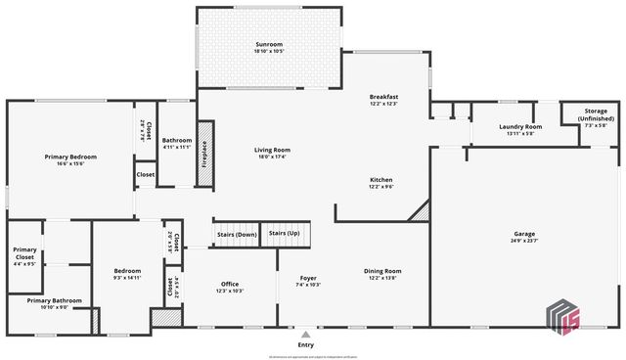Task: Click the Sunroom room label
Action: coord(269,45)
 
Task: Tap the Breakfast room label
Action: coord(383,97)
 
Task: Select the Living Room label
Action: coord(272,150)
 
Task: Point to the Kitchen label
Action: coord(380,179)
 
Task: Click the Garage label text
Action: coord(524,234)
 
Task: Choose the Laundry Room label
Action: coord(520,127)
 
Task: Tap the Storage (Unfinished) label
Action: coord(597,114)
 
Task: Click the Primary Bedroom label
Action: coord(68,156)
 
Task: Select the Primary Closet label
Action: coord(25,252)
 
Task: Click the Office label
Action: coord(230,284)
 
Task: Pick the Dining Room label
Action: coord(384,271)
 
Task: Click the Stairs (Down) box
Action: coord(236,234)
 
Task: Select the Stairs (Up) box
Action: coord(284,234)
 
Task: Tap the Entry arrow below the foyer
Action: coord(306,334)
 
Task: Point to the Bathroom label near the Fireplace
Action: coord(177,140)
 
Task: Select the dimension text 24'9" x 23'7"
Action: coord(524,241)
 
